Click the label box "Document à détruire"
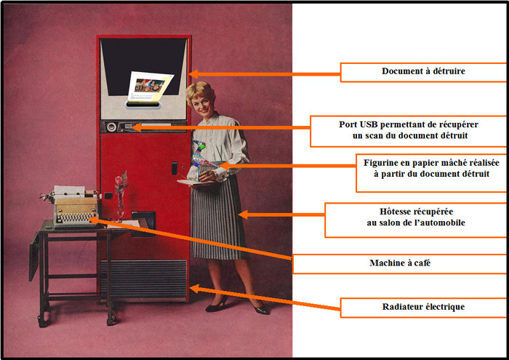(x=423, y=72)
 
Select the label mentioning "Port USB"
(x=409, y=131)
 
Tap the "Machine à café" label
(x=400, y=263)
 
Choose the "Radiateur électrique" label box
(x=423, y=307)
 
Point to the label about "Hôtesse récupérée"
(x=416, y=220)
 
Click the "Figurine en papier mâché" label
(x=431, y=172)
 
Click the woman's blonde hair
(x=199, y=92)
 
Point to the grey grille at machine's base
(x=143, y=279)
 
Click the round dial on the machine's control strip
(x=111, y=127)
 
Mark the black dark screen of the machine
(x=143, y=67)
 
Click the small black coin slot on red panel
(x=175, y=168)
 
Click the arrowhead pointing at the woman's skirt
(x=243, y=215)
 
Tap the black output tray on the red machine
(x=143, y=224)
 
